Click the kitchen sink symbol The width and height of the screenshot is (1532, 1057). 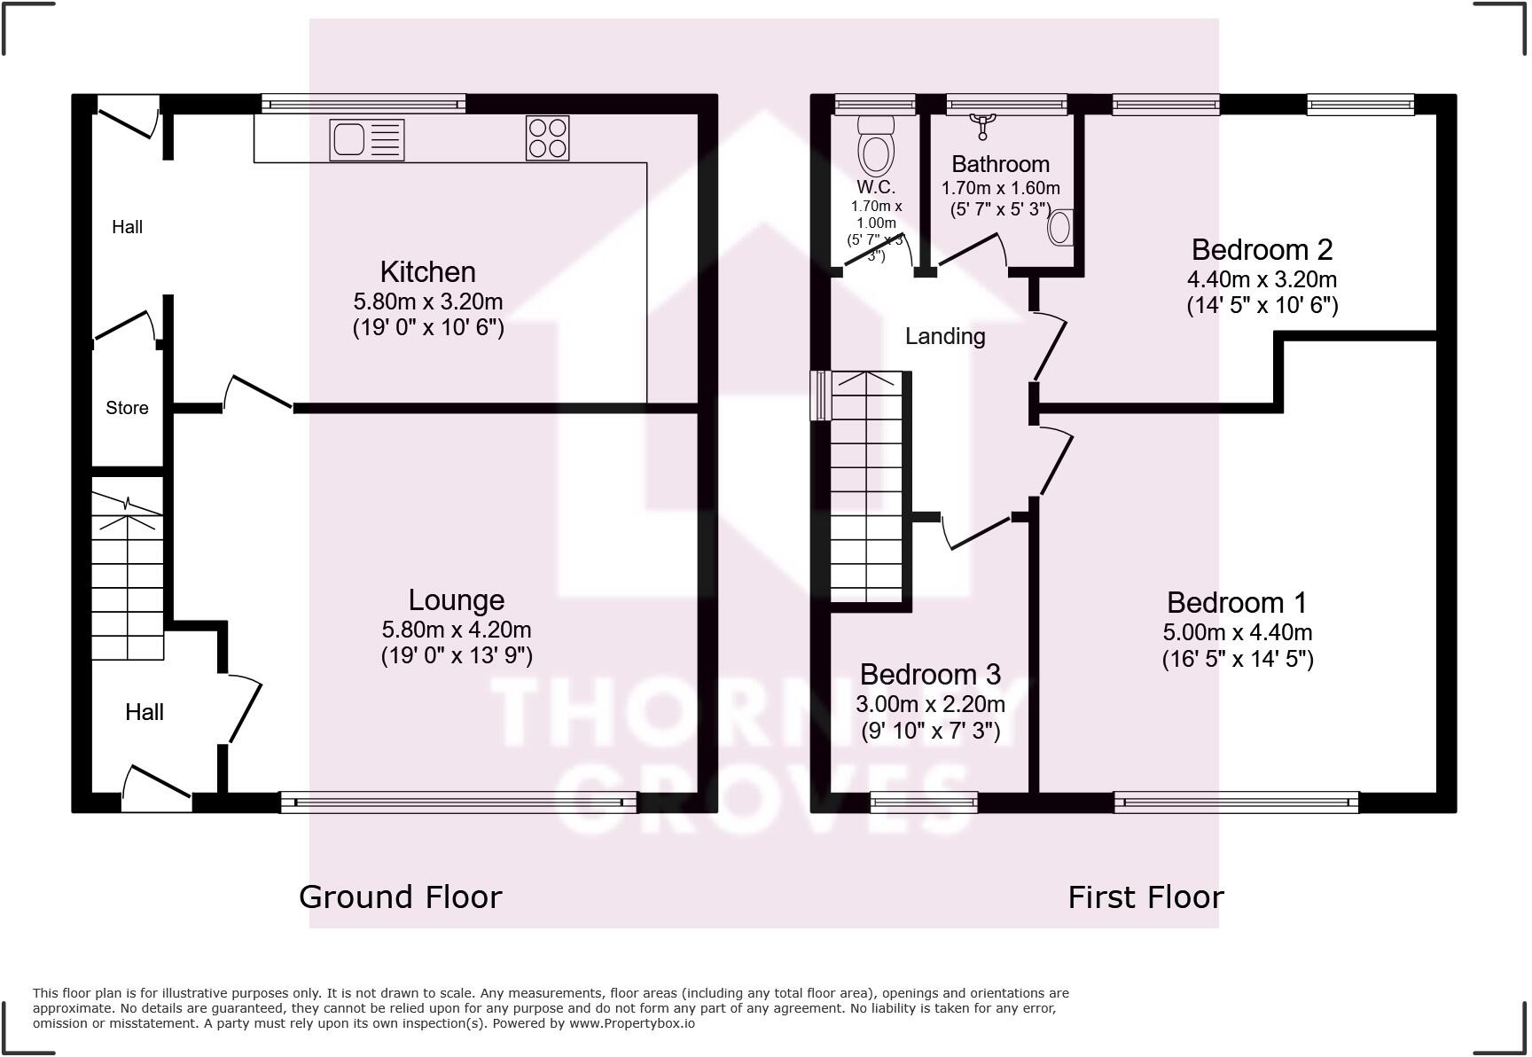(366, 140)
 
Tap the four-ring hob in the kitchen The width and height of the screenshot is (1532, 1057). (547, 138)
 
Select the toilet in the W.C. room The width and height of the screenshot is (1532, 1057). (876, 152)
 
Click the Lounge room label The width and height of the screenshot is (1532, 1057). (456, 600)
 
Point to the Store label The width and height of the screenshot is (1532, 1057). (127, 408)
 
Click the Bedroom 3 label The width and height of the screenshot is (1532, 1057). (930, 675)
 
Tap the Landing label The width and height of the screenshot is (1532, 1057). (945, 336)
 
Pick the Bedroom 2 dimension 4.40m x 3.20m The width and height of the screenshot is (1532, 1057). (1262, 279)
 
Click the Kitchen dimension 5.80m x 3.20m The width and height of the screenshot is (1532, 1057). (427, 301)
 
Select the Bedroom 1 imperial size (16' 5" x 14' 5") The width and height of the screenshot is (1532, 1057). (1237, 659)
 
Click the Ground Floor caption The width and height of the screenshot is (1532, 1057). (400, 896)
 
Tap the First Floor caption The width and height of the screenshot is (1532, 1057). (1145, 896)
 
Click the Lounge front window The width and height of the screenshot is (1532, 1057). (458, 803)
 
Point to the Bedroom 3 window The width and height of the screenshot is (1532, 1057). (924, 803)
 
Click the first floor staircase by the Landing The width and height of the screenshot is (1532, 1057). (866, 488)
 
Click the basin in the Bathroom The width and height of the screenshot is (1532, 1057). (1060, 227)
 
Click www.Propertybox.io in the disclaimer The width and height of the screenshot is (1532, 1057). (631, 1023)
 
